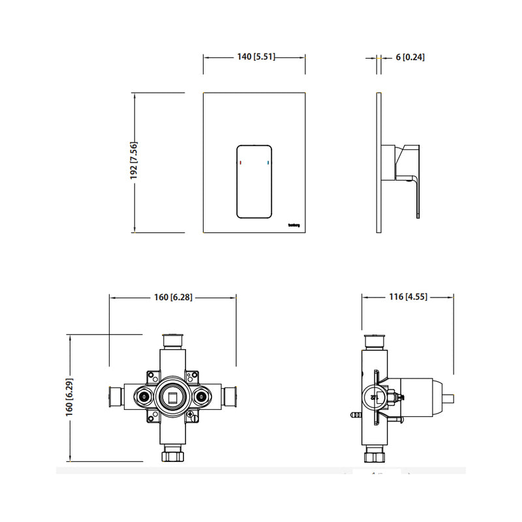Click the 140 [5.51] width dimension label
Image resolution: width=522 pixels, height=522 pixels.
(x=255, y=57)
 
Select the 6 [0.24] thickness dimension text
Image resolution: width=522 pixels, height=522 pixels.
(x=410, y=57)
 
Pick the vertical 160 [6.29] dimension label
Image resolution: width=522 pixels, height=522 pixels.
(x=69, y=397)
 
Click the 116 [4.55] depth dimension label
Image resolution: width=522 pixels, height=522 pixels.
(x=408, y=298)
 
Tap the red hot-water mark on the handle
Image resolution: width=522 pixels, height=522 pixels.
(x=240, y=161)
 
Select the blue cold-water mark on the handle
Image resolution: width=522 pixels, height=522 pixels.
(x=268, y=161)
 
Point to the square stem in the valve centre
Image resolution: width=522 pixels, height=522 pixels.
(x=172, y=396)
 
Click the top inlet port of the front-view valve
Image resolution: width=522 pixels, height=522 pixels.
(x=172, y=340)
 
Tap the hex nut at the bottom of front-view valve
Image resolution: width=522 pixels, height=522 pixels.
(x=172, y=455)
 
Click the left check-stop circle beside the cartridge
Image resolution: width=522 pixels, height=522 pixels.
(x=142, y=395)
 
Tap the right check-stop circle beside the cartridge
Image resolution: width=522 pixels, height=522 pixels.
(x=202, y=395)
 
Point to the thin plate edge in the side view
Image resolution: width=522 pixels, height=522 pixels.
(x=378, y=163)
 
